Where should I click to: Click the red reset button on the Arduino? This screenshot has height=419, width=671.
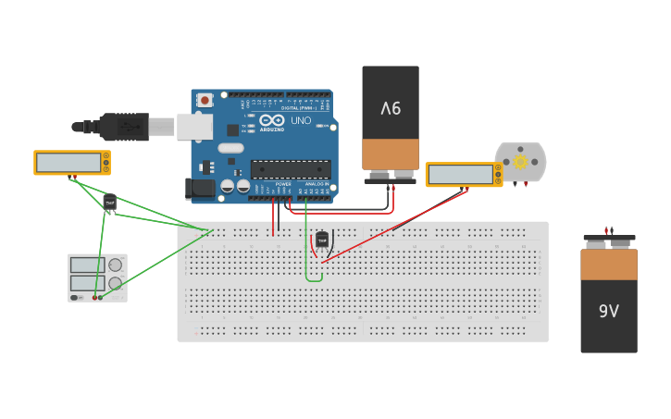tap(204, 99)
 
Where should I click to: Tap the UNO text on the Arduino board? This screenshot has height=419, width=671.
tap(302, 120)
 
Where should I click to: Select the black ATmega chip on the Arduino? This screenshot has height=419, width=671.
tap(291, 168)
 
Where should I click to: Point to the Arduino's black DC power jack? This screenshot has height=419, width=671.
tap(200, 189)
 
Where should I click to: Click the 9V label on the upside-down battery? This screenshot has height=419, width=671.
tap(391, 107)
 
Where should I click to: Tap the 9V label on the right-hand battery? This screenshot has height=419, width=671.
tap(608, 311)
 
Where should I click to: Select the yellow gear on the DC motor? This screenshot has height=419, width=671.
tap(520, 162)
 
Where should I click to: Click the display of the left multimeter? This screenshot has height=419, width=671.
tap(68, 163)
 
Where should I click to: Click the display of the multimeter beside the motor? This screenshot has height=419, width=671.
tap(460, 174)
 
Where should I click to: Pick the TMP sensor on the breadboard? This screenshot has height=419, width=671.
tap(322, 240)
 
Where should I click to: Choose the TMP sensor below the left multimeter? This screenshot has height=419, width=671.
tap(110, 201)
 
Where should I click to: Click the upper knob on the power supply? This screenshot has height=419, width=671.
tap(115, 265)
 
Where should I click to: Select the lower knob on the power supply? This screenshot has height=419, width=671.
tap(115, 283)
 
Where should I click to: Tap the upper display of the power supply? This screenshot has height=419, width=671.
tap(87, 265)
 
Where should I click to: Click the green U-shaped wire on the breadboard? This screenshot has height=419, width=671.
tap(314, 278)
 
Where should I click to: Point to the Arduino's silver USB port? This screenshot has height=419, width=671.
tap(194, 127)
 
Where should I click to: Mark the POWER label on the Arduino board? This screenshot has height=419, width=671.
tap(282, 184)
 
